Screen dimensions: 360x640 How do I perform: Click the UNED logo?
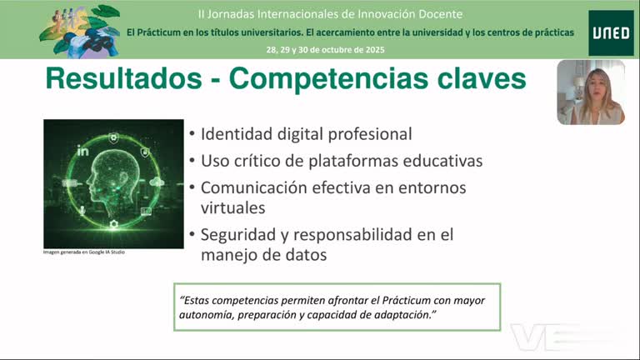click(x=610, y=32)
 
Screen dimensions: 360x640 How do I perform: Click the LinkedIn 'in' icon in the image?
click(x=83, y=151)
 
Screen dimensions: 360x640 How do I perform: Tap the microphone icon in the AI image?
click(x=82, y=210)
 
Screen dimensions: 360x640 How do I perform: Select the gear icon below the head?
click(x=114, y=225)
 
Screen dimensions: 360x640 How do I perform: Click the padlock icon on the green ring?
click(x=145, y=151)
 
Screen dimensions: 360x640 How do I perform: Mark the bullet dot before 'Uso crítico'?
click(x=192, y=160)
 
